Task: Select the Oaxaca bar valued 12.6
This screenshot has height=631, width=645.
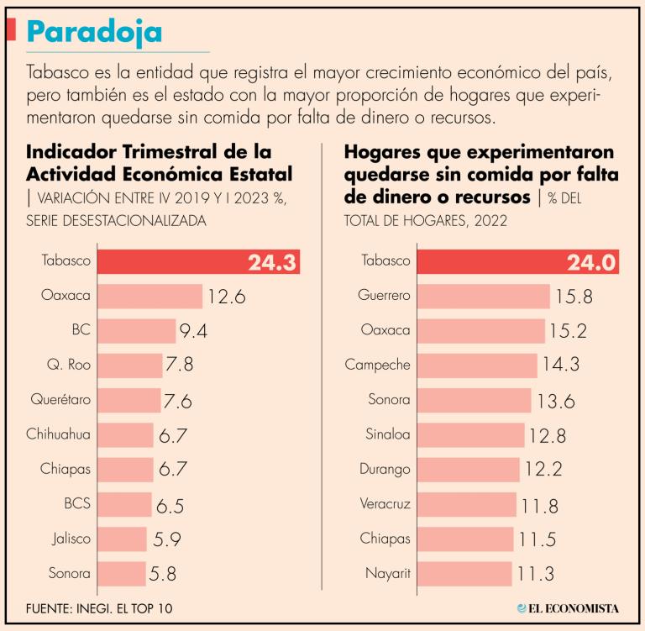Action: click(150, 297)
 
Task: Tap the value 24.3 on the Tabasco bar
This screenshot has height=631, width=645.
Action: click(273, 262)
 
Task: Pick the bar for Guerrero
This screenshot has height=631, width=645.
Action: click(484, 297)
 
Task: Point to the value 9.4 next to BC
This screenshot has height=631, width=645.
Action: click(192, 331)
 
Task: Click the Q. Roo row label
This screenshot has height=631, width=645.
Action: click(70, 365)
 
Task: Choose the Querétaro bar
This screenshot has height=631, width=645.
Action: click(129, 400)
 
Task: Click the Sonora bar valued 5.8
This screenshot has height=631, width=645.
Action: click(123, 575)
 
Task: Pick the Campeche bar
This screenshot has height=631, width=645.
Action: click(477, 365)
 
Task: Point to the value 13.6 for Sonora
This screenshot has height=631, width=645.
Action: click(555, 400)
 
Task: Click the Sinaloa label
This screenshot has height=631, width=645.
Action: click(388, 435)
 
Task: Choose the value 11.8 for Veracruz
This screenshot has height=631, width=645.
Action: click(541, 505)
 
